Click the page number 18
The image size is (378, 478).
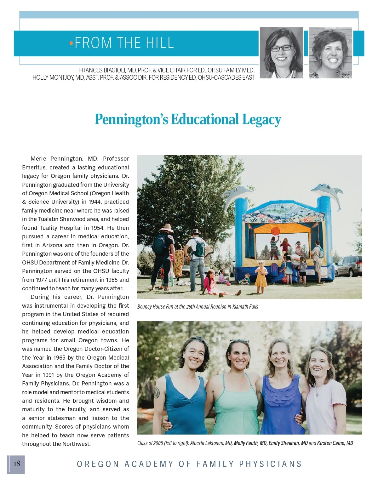17,463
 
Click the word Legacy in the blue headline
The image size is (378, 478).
261,120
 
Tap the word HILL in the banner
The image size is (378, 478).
158,43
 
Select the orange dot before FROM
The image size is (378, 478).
71,43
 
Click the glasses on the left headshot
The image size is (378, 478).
281,48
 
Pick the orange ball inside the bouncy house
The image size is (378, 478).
275,231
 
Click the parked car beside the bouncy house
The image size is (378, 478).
349,266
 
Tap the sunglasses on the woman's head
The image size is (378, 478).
239,341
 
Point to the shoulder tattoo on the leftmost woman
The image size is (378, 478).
157,392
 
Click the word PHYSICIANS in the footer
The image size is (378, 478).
271,464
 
